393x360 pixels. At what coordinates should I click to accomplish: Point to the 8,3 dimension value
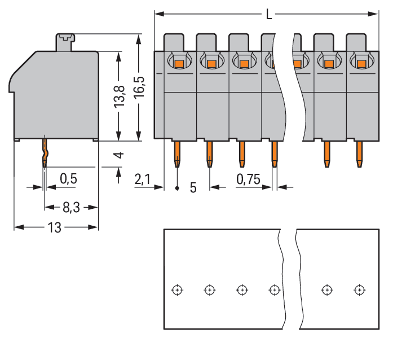click(70, 207)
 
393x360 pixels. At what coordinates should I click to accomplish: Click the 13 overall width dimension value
click(55, 227)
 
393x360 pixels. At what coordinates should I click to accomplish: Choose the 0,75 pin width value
click(248, 179)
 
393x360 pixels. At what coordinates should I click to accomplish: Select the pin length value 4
click(118, 155)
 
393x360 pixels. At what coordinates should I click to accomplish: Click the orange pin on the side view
click(45, 152)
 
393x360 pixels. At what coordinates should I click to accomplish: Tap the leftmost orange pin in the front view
click(177, 153)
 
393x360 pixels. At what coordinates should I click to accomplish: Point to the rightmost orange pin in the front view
click(359, 153)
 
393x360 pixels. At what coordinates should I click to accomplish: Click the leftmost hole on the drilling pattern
click(177, 290)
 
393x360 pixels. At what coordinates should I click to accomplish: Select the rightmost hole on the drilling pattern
click(359, 290)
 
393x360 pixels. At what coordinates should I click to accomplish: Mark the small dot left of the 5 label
click(177, 187)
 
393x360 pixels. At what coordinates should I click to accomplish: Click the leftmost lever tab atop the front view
click(174, 42)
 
